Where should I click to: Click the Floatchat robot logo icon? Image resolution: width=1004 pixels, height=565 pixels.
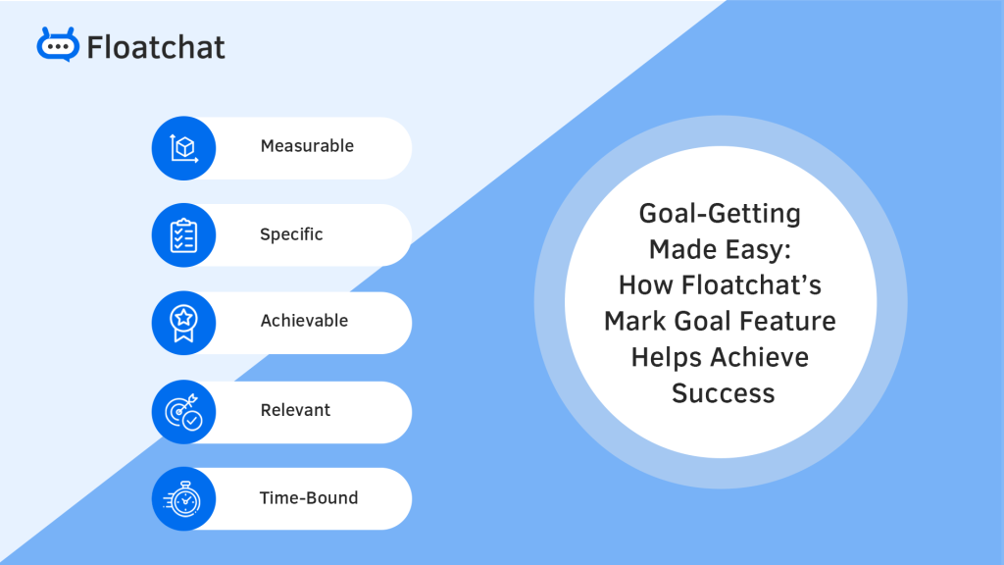58,45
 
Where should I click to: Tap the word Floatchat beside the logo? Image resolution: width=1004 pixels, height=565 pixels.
156,46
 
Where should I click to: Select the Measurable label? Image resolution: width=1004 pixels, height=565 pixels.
307,146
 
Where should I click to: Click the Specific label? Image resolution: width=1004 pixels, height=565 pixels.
291,234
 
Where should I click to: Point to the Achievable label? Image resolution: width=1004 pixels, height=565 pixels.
304,321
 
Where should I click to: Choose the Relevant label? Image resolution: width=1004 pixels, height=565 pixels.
295,410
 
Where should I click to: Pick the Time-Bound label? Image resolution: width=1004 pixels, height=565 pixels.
309,497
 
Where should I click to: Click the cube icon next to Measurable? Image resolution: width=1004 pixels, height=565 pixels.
183,148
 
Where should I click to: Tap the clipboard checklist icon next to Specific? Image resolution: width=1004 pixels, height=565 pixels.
183,235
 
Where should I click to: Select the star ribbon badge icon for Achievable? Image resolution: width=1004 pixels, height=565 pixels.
183,323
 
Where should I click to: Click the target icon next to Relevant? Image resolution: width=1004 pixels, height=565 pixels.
183,411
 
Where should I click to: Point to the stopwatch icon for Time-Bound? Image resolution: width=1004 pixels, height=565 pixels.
183,498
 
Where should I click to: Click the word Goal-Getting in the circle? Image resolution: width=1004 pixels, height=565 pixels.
720,213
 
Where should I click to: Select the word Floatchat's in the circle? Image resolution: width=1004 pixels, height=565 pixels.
762,285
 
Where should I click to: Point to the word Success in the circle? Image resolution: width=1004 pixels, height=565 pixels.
723,393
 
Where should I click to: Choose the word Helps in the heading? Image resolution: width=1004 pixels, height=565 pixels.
666,357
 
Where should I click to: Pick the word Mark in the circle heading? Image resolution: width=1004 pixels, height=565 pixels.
639,321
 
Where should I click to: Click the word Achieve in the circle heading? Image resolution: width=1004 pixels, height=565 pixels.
759,357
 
